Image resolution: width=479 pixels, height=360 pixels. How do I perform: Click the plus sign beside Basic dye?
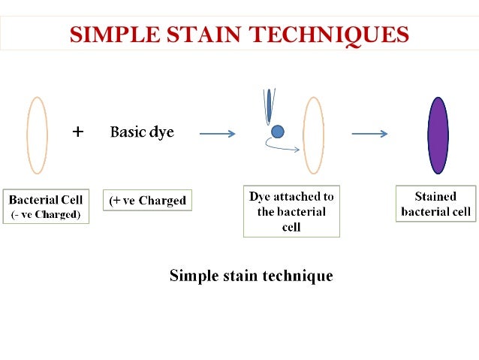click(x=78, y=132)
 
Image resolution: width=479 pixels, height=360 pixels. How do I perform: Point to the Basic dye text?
click(x=142, y=132)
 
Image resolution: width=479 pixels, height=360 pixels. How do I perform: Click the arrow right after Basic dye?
click(x=218, y=135)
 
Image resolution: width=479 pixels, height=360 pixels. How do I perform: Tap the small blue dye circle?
click(x=277, y=132)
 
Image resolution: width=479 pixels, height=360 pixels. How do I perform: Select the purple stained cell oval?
click(x=438, y=135)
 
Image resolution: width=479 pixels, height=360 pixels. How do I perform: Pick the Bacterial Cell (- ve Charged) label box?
click(x=46, y=205)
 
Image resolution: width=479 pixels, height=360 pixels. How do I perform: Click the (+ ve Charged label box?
click(x=147, y=201)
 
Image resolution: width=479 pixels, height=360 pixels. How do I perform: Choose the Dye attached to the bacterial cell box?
click(x=291, y=211)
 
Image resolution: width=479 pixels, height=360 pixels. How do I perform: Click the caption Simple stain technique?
click(x=251, y=275)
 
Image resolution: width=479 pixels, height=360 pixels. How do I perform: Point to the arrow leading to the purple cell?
click(x=369, y=135)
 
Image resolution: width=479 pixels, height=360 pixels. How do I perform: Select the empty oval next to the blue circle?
click(x=313, y=135)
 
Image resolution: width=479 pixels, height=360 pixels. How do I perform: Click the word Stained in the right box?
click(x=435, y=197)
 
